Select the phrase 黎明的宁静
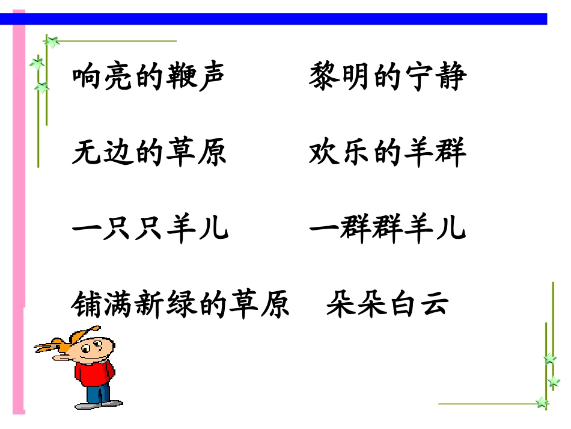tap(388, 78)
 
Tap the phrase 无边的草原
tap(149, 153)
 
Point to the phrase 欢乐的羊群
tap(388, 153)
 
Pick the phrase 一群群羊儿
tap(388, 229)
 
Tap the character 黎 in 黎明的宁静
tap(325, 78)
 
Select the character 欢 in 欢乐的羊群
tap(325, 153)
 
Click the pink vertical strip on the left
tap(19, 181)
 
